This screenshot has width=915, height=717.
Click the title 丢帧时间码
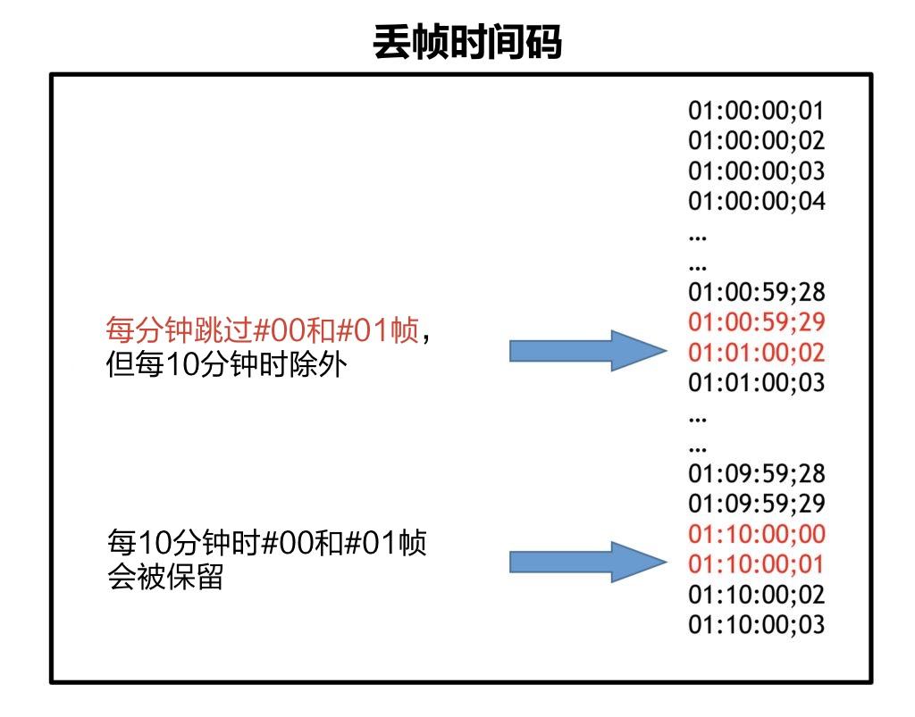(x=467, y=42)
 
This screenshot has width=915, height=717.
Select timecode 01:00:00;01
(x=756, y=111)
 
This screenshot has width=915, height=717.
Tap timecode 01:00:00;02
(x=756, y=141)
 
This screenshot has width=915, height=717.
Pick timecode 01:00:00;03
(x=756, y=171)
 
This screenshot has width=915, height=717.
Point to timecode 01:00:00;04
(x=756, y=201)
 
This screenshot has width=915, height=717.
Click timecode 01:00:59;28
(x=756, y=292)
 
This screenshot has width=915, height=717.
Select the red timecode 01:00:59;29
(x=756, y=322)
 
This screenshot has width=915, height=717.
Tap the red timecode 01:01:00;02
(x=756, y=353)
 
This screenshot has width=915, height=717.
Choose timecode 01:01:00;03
(x=756, y=383)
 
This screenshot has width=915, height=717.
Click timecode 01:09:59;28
(x=756, y=473)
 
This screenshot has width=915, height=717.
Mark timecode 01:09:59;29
(x=756, y=504)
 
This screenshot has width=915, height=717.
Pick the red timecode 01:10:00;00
(x=756, y=534)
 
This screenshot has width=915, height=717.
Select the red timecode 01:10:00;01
(x=756, y=564)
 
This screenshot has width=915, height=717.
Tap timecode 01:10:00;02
(x=756, y=595)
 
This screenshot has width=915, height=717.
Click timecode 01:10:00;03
(x=756, y=624)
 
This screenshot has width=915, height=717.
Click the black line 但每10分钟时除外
(x=223, y=365)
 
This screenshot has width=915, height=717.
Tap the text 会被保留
(x=164, y=577)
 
